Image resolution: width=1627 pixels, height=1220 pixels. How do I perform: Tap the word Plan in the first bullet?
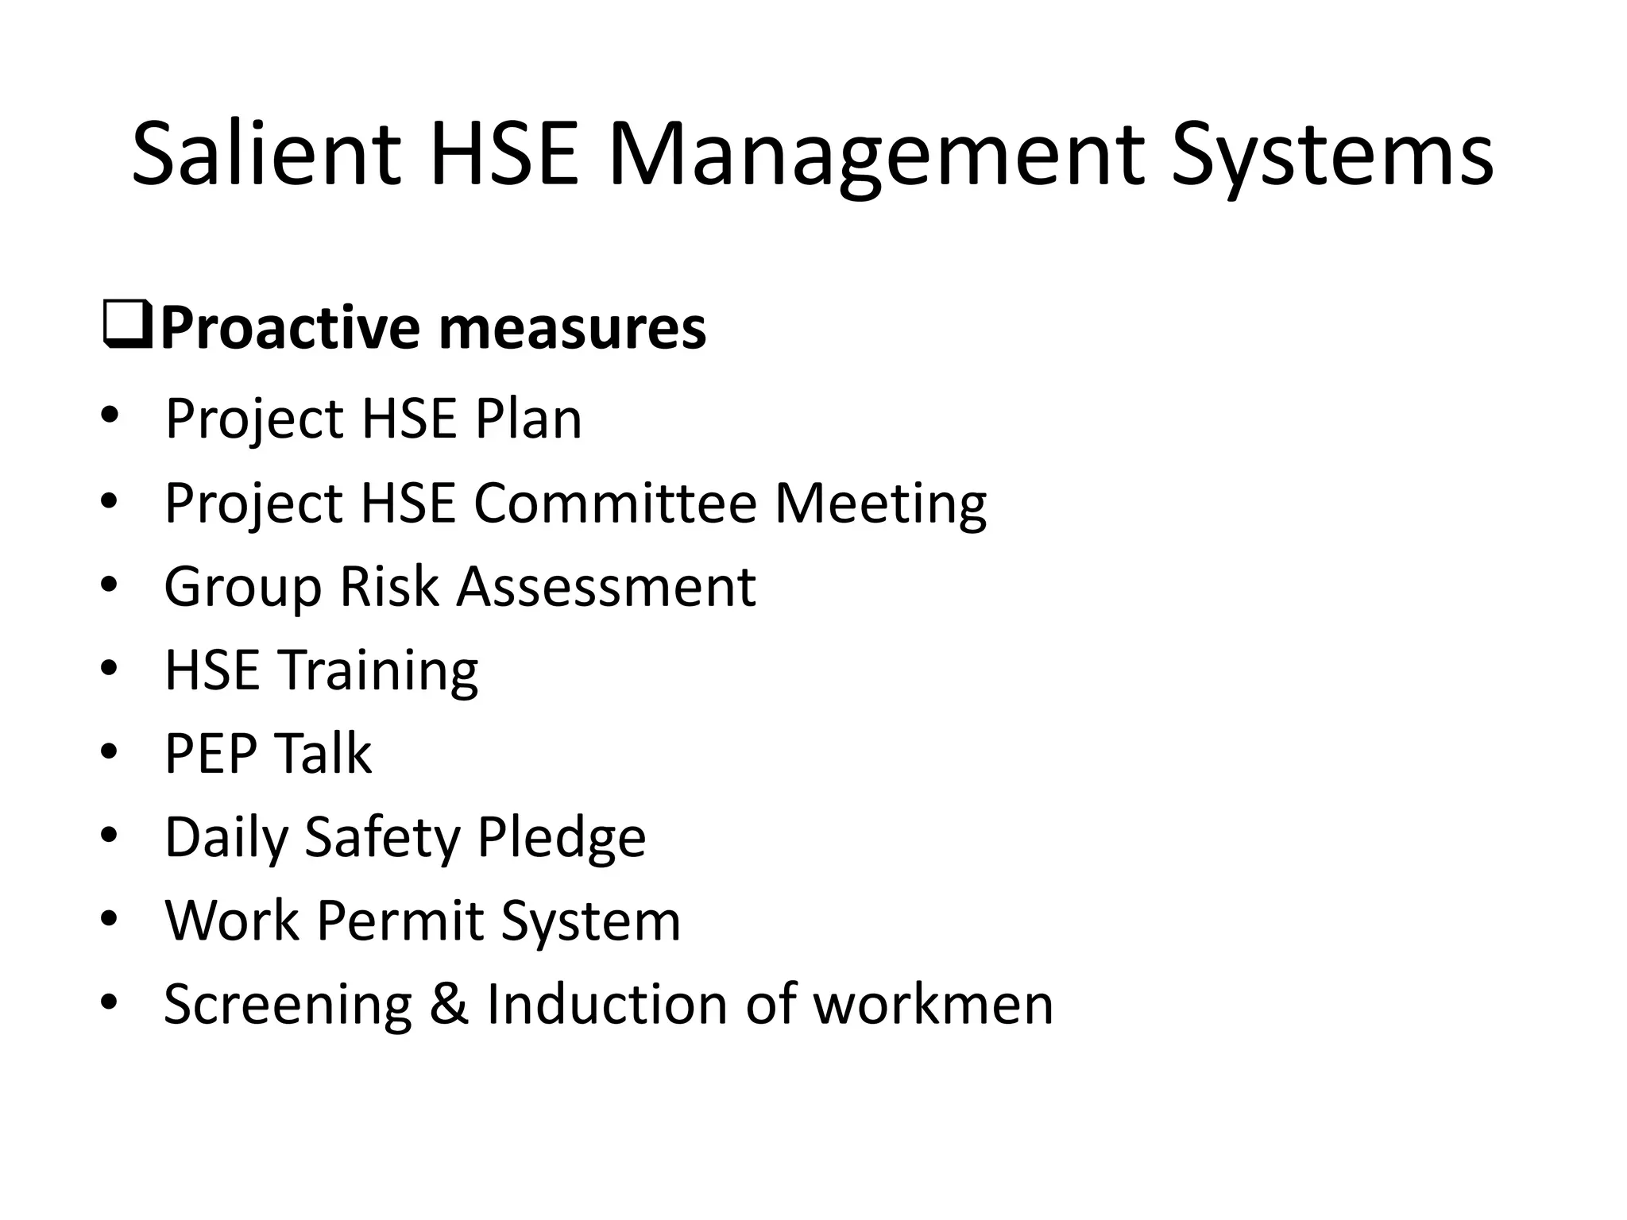(x=528, y=419)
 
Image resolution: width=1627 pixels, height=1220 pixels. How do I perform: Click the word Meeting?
(x=880, y=504)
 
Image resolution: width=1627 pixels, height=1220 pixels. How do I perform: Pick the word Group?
(x=243, y=589)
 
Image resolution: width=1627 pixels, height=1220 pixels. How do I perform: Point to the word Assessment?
(x=605, y=587)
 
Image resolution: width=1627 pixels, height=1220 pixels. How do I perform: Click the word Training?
(x=377, y=672)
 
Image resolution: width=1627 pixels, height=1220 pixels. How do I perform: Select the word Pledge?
(x=561, y=839)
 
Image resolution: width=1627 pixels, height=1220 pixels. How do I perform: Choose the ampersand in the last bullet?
(x=449, y=1005)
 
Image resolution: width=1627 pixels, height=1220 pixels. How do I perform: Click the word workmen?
(x=933, y=1005)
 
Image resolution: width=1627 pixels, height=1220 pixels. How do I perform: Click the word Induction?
(x=605, y=1005)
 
